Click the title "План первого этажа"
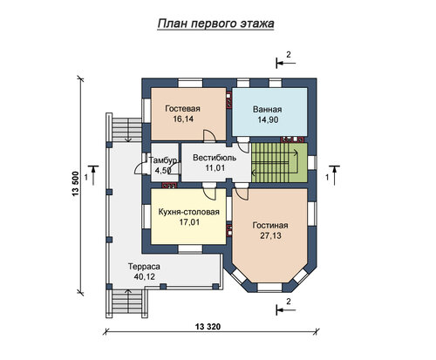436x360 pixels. tap(215, 24)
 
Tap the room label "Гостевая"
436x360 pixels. tap(182, 109)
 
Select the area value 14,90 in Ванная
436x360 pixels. tap(268, 119)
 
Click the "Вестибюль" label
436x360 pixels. tap(215, 158)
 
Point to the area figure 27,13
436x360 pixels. tap(270, 235)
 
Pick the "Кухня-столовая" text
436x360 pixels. tap(188, 212)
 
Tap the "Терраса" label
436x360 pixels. tap(144, 267)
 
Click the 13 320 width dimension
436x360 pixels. tap(208, 327)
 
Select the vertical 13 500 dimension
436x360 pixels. tap(76, 184)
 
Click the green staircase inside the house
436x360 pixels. tap(279, 163)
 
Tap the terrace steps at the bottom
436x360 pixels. tap(127, 302)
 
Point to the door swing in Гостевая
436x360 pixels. tap(209, 136)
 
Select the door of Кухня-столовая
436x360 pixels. tap(209, 193)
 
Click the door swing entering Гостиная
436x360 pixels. tap(242, 192)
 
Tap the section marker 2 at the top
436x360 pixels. tap(286, 60)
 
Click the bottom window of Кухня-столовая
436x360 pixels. tap(190, 249)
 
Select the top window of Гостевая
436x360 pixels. tap(190, 83)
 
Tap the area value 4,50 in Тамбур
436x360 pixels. tap(163, 170)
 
